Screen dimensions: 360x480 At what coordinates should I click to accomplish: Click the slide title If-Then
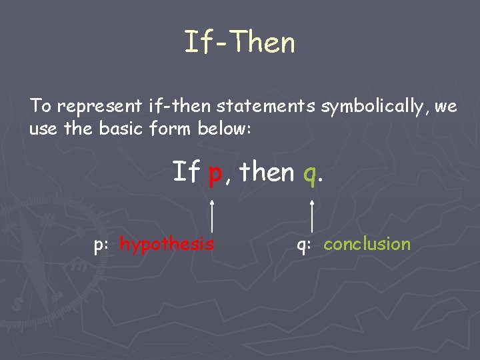[x=239, y=43]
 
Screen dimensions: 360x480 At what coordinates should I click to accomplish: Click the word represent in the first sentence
[x=99, y=106]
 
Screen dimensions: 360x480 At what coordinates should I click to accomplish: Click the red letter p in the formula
[x=215, y=173]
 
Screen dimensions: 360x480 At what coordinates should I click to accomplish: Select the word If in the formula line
[x=187, y=172]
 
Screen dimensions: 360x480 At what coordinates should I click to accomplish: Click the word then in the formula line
[x=267, y=172]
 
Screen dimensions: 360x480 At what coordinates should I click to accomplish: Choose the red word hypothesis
[x=167, y=244]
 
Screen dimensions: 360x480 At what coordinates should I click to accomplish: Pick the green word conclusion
[x=367, y=244]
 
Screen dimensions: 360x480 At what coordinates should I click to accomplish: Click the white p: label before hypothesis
[x=101, y=245]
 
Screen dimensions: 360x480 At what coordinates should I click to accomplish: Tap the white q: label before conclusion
[x=304, y=245]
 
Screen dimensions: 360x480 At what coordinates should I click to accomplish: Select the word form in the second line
[x=174, y=128]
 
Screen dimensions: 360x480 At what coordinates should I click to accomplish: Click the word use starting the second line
[x=43, y=129]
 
